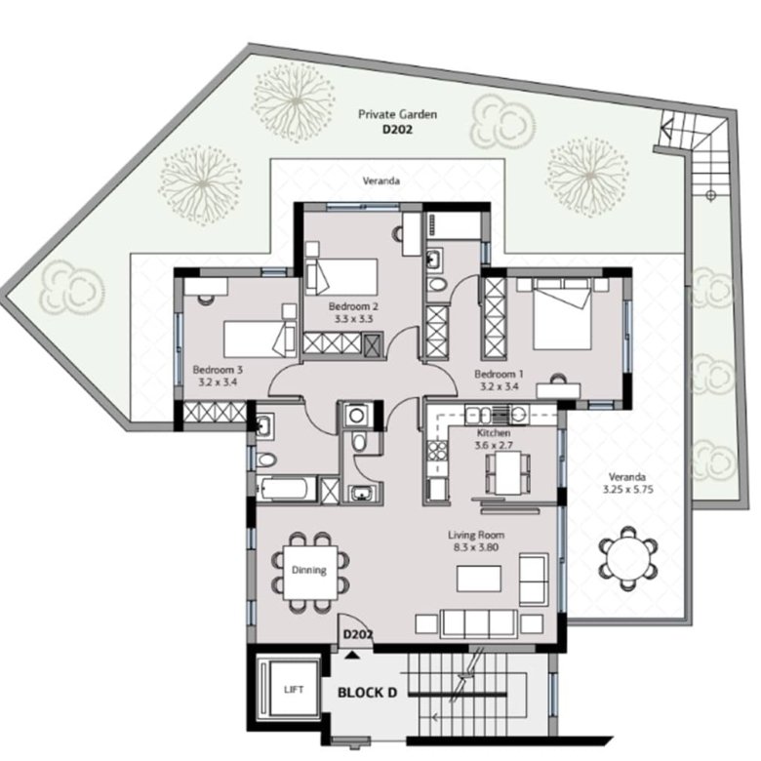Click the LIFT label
click(x=294, y=689)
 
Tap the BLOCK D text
click(x=367, y=693)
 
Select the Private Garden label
click(x=397, y=114)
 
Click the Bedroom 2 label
click(x=353, y=306)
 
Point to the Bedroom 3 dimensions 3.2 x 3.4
click(x=218, y=381)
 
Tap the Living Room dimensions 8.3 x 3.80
click(x=476, y=547)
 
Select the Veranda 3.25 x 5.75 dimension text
click(x=628, y=489)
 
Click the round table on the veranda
click(x=628, y=558)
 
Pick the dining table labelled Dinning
click(x=310, y=573)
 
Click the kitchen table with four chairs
click(x=508, y=473)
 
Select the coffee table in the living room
click(x=478, y=579)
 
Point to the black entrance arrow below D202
click(x=352, y=656)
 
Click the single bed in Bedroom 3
click(x=260, y=340)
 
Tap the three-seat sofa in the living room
click(x=478, y=624)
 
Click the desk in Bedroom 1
click(x=558, y=391)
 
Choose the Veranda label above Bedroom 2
click(x=381, y=181)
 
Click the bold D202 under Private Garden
click(x=397, y=130)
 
